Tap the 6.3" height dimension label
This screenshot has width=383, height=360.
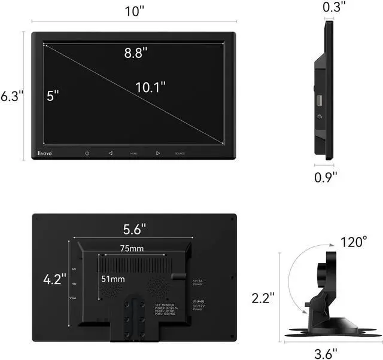pos(12,95)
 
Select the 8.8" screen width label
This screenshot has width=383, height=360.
pos(136,53)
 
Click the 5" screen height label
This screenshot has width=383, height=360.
pos(54,96)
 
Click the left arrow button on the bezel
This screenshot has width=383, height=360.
pos(110,154)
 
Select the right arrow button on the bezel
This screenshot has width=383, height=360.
pos(158,154)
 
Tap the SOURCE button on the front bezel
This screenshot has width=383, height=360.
pos(180,154)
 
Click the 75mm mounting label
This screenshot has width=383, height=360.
pos(132,248)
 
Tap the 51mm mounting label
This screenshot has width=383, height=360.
pos(113,279)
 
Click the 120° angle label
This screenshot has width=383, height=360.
pos(354,242)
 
